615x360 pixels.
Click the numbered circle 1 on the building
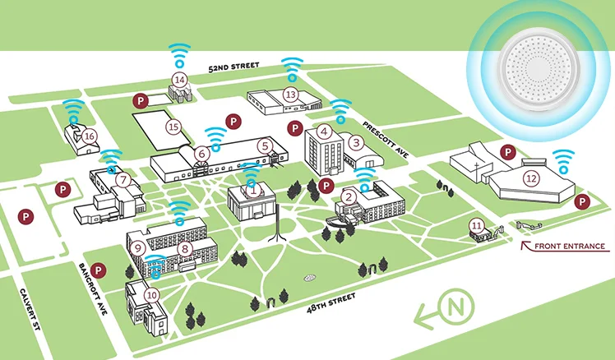click(x=254, y=189)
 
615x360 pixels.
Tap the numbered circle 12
click(x=531, y=178)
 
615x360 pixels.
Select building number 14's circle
click(x=179, y=79)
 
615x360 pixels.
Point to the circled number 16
click(x=90, y=136)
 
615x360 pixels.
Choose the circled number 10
click(x=151, y=293)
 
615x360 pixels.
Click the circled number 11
click(x=477, y=224)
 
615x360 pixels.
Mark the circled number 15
click(x=173, y=127)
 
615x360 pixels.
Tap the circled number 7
click(x=123, y=180)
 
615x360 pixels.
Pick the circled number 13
click(x=290, y=95)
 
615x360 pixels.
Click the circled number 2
click(x=349, y=196)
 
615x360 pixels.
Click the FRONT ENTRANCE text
click(x=570, y=246)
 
